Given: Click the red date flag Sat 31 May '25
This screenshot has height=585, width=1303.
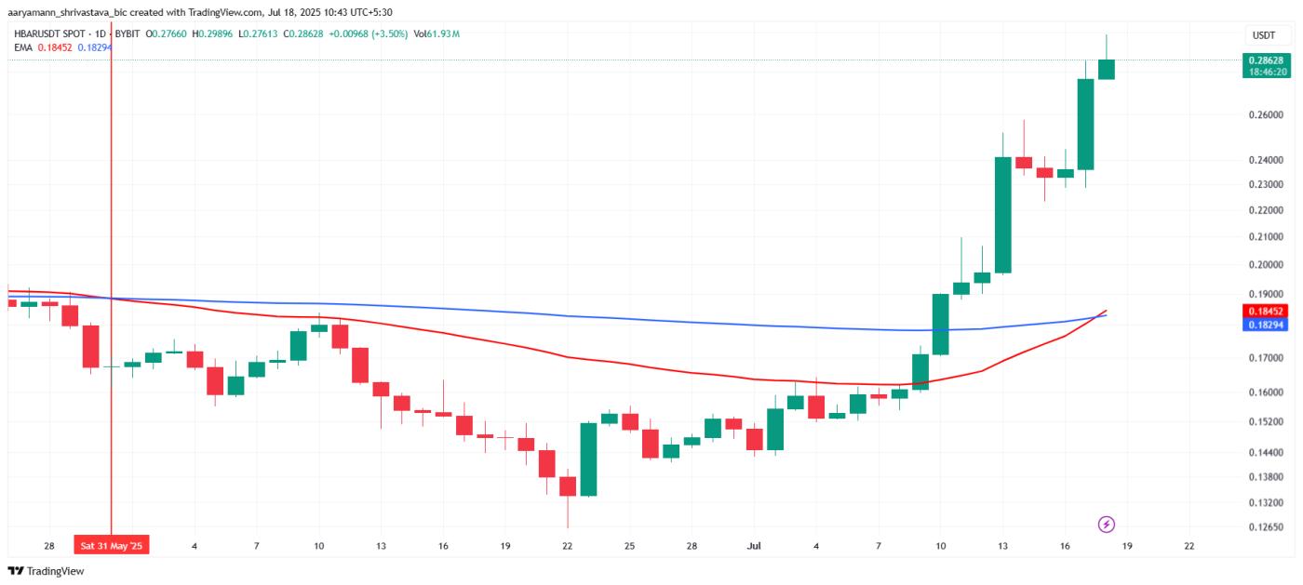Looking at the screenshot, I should [112, 546].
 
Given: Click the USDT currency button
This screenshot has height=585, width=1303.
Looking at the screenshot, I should [1264, 35].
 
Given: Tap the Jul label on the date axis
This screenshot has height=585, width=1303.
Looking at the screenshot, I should [754, 546].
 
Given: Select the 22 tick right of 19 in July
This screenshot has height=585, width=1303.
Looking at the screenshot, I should [1189, 546].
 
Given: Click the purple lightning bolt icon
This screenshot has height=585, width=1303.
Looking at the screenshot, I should [1107, 525].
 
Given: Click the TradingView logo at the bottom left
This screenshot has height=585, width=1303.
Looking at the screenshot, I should [46, 571].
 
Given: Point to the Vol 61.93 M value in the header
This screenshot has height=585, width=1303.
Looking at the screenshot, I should [437, 34].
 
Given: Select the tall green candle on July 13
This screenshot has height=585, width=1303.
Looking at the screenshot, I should [1002, 214].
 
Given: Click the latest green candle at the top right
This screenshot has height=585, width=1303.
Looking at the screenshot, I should [1107, 69].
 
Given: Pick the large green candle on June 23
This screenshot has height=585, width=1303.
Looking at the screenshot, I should [588, 459].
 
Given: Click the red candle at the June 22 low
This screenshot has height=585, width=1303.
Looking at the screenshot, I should [568, 486].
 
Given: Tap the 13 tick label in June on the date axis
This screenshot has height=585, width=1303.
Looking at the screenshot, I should [381, 546].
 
